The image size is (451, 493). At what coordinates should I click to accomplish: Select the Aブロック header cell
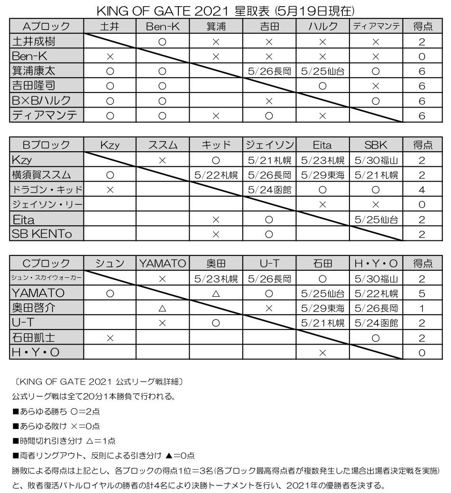pos(46,27)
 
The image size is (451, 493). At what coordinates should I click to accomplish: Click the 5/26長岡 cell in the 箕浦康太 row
pos(269,72)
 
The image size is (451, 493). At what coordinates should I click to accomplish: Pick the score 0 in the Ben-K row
pos(422,56)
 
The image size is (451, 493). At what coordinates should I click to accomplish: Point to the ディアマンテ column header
pos(377,27)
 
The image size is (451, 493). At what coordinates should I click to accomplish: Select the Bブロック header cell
pos(46,145)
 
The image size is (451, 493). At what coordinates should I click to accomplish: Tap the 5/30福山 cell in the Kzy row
pos(377,160)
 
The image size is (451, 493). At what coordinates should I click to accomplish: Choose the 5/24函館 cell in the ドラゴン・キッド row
pos(269,190)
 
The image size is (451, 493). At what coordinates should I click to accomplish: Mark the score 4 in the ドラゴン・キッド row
pos(422,190)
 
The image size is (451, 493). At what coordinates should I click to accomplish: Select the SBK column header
pos(377,145)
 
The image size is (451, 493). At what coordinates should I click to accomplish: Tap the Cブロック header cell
pos(46,264)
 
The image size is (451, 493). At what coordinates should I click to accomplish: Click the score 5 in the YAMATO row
pos(422,293)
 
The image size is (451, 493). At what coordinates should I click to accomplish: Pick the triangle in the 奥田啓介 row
pos(163,309)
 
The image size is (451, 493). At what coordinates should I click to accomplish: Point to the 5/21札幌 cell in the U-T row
pos(322,323)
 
